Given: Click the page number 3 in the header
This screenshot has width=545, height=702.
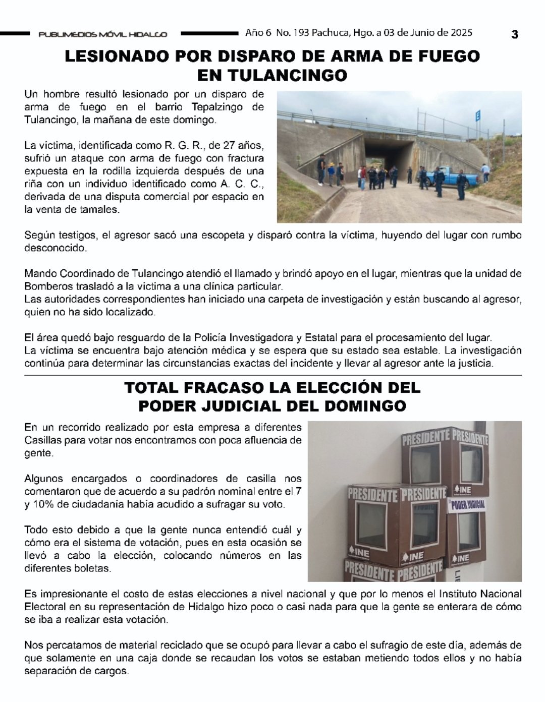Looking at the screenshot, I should coord(514,34).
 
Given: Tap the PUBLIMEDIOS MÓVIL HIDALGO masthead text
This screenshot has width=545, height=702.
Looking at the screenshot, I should coord(103,34).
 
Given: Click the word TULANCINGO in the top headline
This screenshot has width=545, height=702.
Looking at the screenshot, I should coord(272,75).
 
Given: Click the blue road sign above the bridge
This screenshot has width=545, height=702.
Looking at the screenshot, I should coord(478,116).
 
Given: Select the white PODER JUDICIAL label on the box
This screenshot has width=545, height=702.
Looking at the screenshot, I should coord(467,504).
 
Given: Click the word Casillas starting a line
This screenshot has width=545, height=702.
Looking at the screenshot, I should coord(42,440).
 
